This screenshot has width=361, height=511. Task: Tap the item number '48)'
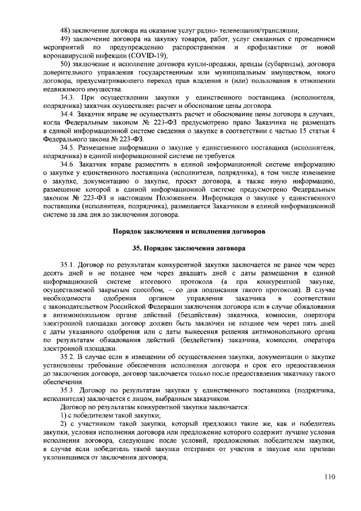coord(65,30)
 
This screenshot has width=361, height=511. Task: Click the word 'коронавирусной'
coord(71,56)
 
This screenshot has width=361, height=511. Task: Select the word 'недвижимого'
coord(67,90)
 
